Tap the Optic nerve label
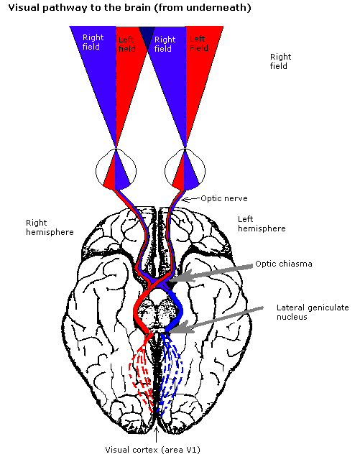[x=224, y=198]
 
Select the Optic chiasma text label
[x=284, y=264]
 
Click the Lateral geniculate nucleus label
[x=313, y=312]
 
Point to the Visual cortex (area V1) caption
[x=152, y=450]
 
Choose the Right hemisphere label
[x=50, y=227]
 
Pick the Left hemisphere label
[x=262, y=224]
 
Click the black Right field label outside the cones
[x=280, y=62]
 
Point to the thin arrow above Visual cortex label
[x=157, y=435]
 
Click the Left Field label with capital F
[x=198, y=44]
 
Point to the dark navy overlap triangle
[x=147, y=35]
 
